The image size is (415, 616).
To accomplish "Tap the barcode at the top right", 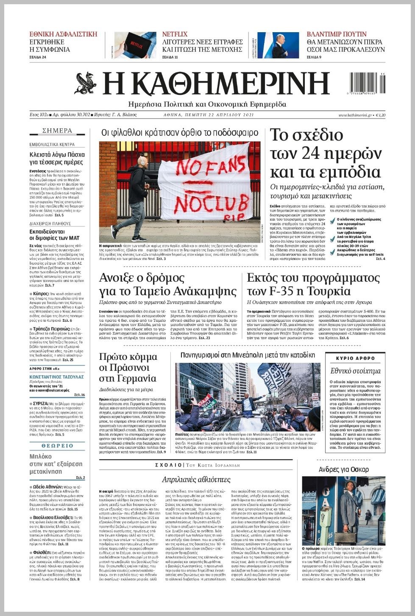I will (368, 83).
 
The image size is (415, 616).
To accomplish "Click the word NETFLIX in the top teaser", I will (175, 34).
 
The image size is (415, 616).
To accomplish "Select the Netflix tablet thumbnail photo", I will (135, 45).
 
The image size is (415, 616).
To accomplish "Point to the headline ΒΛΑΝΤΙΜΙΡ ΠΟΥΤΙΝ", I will (337, 34).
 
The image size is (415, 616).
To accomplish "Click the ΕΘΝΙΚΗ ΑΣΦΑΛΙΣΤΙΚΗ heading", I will (63, 34).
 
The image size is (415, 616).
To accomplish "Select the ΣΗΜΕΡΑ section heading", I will (57, 131).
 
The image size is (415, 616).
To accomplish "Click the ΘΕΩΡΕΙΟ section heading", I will (57, 446).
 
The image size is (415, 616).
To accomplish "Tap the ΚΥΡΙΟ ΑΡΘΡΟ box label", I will (355, 358).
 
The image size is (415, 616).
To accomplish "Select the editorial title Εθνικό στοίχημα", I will (355, 371).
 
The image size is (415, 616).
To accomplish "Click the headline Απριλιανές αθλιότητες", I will (196, 479).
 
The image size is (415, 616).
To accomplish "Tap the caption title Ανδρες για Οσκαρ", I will (343, 469).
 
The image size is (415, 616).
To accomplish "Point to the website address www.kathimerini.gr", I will (355, 115).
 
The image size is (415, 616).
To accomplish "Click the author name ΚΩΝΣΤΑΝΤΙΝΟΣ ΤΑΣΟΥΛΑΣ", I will (57, 376).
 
